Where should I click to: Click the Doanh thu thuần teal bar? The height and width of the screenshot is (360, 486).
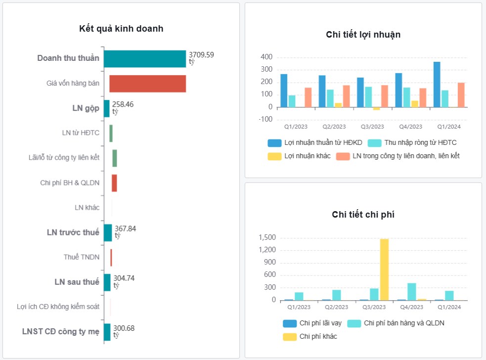click(144, 59)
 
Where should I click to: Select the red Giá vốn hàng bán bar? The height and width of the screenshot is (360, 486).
click(147, 84)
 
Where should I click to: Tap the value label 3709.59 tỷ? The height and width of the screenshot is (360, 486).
click(201, 58)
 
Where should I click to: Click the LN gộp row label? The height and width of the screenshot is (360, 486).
click(86, 108)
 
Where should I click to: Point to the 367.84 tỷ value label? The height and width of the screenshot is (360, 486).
click(125, 232)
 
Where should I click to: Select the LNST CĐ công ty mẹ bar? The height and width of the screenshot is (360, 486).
click(107, 332)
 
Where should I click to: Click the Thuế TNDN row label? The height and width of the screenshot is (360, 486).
click(81, 257)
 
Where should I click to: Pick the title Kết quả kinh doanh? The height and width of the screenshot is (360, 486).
click(121, 29)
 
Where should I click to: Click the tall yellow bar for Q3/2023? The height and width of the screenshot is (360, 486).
click(384, 270)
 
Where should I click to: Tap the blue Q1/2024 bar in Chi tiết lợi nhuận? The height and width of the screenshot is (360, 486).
click(437, 85)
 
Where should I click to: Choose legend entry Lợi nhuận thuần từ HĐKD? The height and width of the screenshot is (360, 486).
click(315, 143)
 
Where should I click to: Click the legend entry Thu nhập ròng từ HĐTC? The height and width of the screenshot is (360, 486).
click(412, 143)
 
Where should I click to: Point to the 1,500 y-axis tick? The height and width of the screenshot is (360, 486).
click(267, 238)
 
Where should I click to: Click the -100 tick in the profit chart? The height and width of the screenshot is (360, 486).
click(265, 119)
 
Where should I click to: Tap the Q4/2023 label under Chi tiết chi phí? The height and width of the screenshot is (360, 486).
click(411, 308)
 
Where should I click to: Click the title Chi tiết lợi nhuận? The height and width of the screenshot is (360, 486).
click(363, 35)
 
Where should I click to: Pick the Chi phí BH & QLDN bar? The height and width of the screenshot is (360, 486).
click(114, 183)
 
